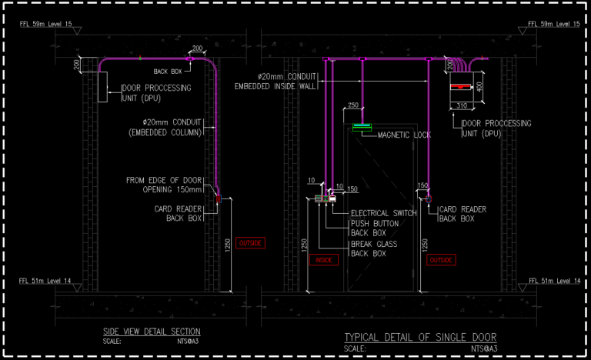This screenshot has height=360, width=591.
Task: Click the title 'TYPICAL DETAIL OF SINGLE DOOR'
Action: pyautogui.click(x=420, y=337)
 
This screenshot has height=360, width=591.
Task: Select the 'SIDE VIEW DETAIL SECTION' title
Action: pyautogui.click(x=152, y=331)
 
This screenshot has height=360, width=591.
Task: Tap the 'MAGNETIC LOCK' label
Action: pyautogui.click(x=404, y=135)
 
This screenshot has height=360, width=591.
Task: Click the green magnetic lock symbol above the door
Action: pyautogui.click(x=362, y=126)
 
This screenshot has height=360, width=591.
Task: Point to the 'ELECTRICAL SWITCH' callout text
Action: pyautogui.click(x=383, y=213)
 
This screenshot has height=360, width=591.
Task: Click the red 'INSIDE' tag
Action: pyautogui.click(x=323, y=260)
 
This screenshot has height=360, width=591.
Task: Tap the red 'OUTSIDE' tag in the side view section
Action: pyautogui.click(x=251, y=243)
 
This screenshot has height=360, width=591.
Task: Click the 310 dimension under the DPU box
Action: pyautogui.click(x=462, y=105)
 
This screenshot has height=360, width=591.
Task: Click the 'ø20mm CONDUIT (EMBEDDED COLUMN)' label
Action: pyautogui.click(x=171, y=128)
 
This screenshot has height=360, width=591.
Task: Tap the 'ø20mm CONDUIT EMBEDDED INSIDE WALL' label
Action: pyautogui.click(x=278, y=81)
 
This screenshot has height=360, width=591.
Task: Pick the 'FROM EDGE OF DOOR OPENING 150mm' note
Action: pyautogui.click(x=165, y=185)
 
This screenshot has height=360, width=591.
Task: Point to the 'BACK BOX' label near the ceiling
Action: pyautogui.click(x=166, y=71)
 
